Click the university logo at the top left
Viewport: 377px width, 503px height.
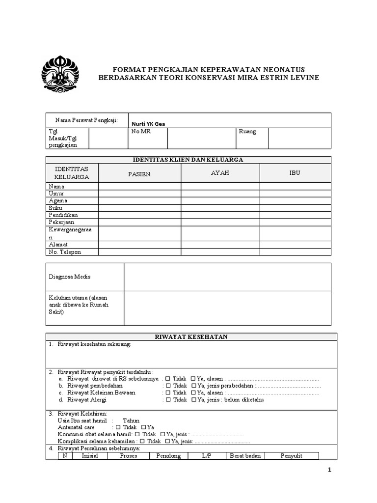[62, 73]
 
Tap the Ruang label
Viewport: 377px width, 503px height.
[247, 132]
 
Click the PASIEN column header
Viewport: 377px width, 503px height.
[139, 174]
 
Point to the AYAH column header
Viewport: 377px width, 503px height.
[220, 173]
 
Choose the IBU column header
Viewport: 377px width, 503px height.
[295, 173]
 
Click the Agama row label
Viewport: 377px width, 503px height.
[58, 200]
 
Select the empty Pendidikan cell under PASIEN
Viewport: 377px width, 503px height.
[139, 215]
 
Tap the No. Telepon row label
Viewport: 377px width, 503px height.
[65, 252]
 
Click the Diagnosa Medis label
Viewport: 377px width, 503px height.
[69, 277]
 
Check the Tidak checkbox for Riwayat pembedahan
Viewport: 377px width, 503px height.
[168, 386]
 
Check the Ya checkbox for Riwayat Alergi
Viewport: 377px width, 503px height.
[193, 400]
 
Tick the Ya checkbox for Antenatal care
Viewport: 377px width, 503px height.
[143, 427]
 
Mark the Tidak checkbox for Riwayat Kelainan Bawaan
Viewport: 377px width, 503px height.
[168, 393]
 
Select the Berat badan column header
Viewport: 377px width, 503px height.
[245, 456]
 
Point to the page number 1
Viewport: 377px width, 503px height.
[330, 470]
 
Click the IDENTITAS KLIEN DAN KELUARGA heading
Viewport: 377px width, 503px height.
[188, 159]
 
